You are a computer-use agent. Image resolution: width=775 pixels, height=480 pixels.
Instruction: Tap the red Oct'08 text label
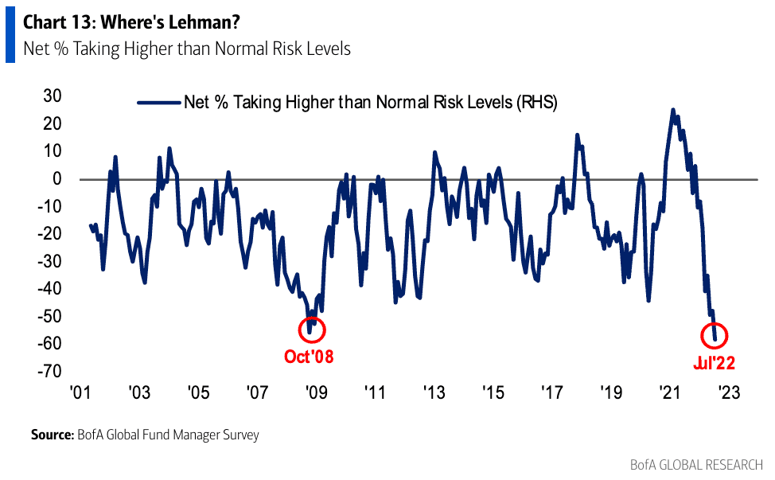pos(309,357)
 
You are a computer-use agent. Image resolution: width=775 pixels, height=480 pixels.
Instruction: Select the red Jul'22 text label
pos(713,363)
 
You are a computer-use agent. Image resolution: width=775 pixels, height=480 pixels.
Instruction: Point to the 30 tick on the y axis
pos(53,96)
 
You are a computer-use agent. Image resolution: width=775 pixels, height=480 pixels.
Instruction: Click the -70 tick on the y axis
pos(50,371)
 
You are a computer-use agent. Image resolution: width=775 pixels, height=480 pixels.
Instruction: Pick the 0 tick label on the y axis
pos(58,179)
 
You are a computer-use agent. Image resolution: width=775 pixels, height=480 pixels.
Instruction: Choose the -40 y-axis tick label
pos(50,289)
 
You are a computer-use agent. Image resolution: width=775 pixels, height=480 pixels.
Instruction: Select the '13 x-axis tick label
pos(434,393)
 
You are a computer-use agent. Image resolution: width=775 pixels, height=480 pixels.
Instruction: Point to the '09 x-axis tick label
pos(316,393)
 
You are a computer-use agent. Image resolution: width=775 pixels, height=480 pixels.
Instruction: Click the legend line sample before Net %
pos(159,103)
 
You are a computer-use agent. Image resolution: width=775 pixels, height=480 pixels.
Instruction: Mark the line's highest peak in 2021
pos(673,110)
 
